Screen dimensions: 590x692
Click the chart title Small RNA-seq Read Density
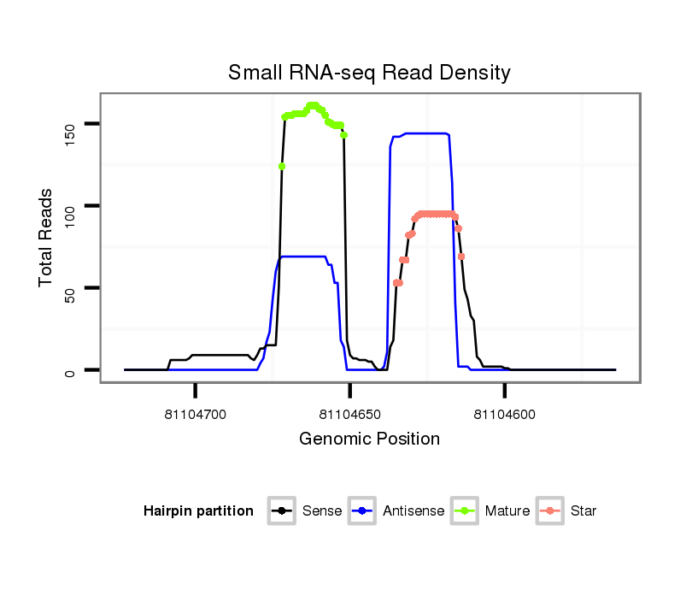pyautogui.click(x=369, y=73)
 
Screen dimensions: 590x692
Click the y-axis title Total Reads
pyautogui.click(x=46, y=238)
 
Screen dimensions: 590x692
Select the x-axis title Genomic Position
pyautogui.click(x=369, y=440)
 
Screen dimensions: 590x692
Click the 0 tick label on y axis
pyautogui.click(x=70, y=370)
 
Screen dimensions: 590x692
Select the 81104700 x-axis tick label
pyautogui.click(x=195, y=415)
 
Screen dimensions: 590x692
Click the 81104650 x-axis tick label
pyautogui.click(x=349, y=415)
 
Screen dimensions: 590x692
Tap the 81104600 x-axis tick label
pyautogui.click(x=504, y=415)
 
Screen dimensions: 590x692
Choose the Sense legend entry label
pyautogui.click(x=322, y=511)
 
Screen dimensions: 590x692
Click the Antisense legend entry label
pyautogui.click(x=413, y=511)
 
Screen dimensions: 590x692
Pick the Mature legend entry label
pyautogui.click(x=507, y=511)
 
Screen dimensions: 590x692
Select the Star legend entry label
pyautogui.click(x=584, y=511)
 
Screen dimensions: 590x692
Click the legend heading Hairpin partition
pyautogui.click(x=198, y=511)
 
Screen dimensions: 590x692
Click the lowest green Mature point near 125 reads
pyautogui.click(x=281, y=166)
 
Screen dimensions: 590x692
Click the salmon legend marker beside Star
pyautogui.click(x=552, y=511)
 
